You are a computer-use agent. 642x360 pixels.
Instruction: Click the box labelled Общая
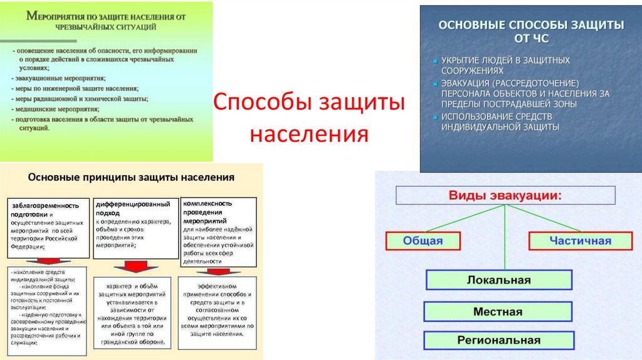[423, 241]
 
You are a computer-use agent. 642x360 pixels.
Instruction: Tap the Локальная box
[498, 280]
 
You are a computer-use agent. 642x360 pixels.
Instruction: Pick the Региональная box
[498, 341]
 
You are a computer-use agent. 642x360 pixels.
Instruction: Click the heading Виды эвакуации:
[505, 195]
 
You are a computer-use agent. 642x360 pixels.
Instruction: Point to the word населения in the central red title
[308, 133]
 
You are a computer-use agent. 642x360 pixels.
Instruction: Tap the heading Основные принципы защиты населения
[132, 177]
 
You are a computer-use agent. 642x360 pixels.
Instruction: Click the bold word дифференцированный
[133, 204]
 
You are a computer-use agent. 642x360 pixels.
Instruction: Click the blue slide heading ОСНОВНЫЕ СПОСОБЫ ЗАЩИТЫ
[530, 25]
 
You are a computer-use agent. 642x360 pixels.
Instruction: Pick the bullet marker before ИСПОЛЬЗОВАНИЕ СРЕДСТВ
[435, 117]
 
